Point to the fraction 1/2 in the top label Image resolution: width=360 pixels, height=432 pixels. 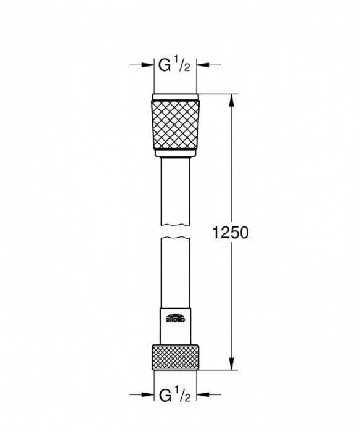[183, 63]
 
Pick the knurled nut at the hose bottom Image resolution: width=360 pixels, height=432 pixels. [175, 355]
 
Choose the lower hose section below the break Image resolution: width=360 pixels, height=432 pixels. [175, 272]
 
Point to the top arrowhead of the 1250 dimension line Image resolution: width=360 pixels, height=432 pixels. [232, 98]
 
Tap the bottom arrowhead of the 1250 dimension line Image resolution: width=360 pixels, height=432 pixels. [232, 365]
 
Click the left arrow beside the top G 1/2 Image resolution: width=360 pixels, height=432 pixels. [147, 64]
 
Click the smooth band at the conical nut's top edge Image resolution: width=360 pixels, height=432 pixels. [175, 97]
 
